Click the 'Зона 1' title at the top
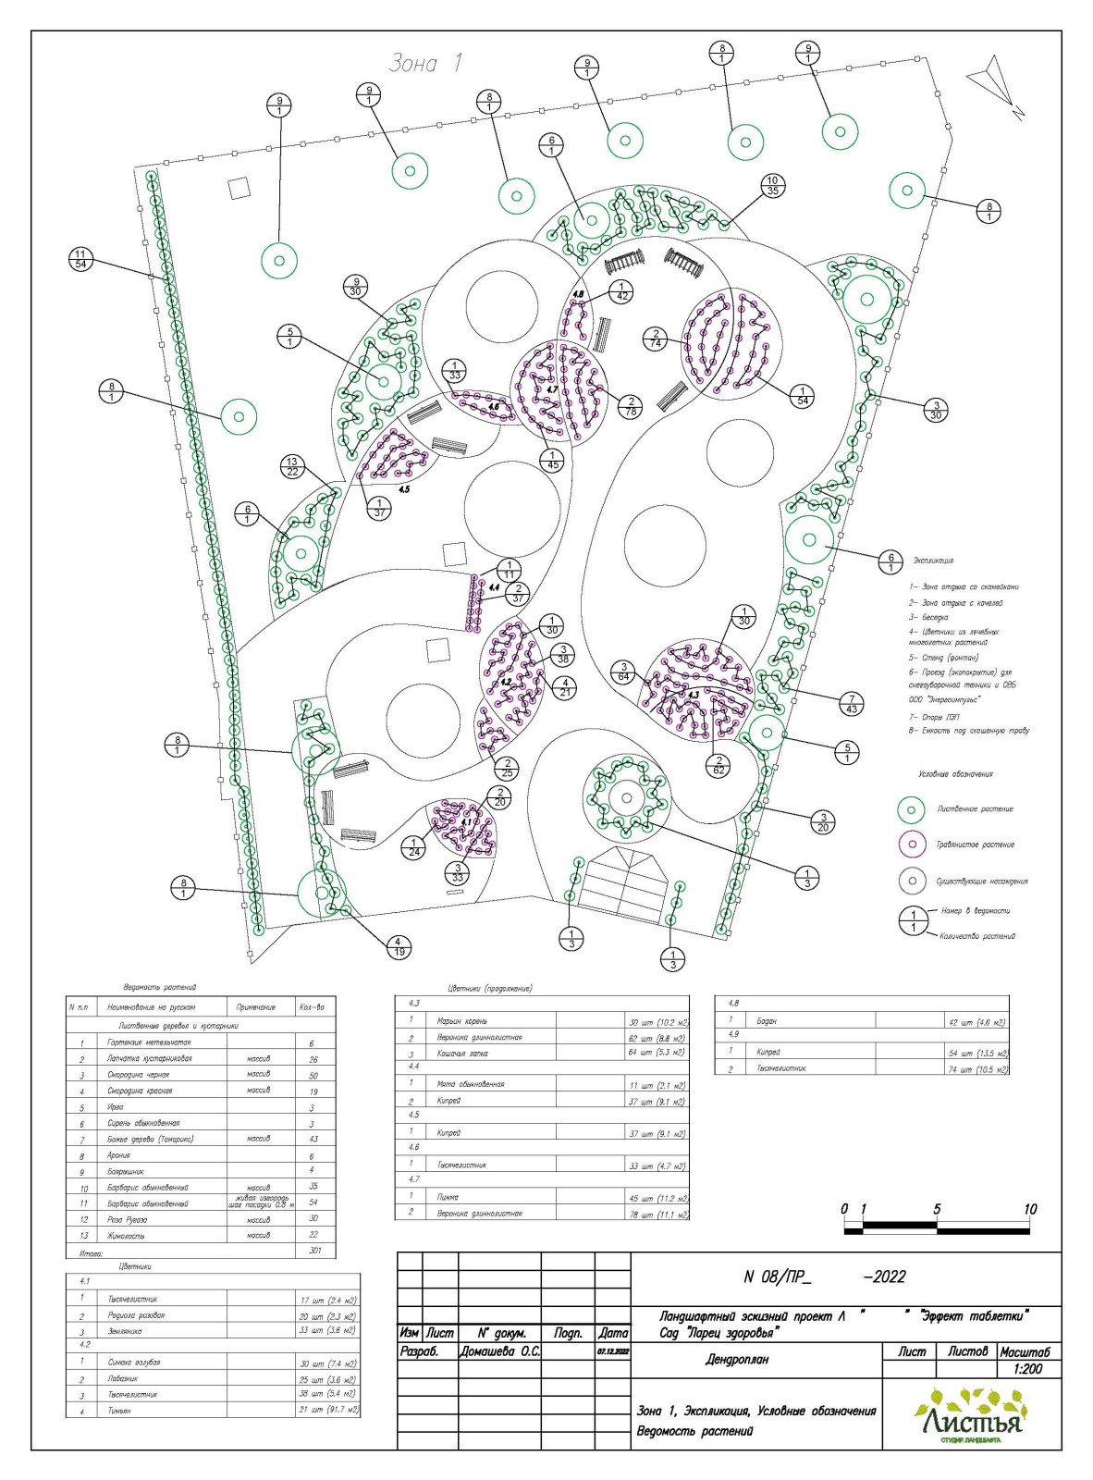click(424, 63)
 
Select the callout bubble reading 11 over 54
click(80, 259)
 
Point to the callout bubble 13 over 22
click(292, 466)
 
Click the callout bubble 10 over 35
click(773, 186)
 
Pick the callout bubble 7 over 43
click(851, 704)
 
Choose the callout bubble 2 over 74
click(656, 339)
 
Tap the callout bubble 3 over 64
click(624, 672)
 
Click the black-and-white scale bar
click(937, 1229)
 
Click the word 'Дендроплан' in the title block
click(737, 1360)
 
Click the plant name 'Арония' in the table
click(118, 1155)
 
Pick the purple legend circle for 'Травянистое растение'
click(912, 844)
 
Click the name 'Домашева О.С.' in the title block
click(498, 1351)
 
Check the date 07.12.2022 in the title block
click(612, 1351)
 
